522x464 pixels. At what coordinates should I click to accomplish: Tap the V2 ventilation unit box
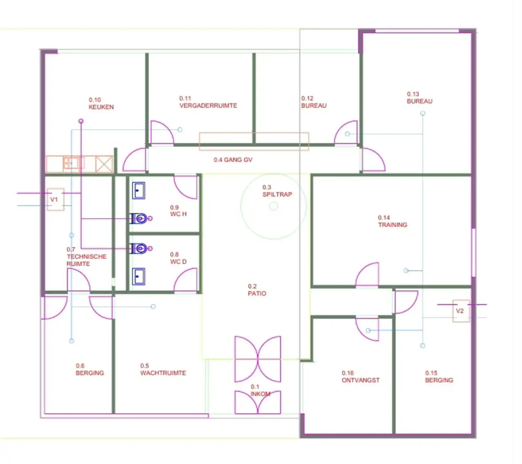pyautogui.click(x=461, y=311)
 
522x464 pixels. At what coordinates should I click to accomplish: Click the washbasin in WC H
pyautogui.click(x=139, y=190)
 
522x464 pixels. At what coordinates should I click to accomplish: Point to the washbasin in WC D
pyautogui.click(x=139, y=277)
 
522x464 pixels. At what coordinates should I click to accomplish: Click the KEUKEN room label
pyautogui.click(x=101, y=107)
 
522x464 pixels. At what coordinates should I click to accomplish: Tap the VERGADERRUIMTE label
pyautogui.click(x=208, y=105)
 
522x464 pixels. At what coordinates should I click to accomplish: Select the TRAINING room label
pyautogui.click(x=392, y=225)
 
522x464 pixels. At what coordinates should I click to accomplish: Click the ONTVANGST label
pyautogui.click(x=361, y=380)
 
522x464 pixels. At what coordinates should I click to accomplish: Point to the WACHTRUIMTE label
pyautogui.click(x=163, y=373)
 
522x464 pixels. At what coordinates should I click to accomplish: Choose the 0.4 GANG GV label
pyautogui.click(x=233, y=160)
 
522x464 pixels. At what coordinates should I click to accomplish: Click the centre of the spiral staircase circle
pyautogui.click(x=274, y=206)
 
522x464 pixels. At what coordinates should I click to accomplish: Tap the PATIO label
pyautogui.click(x=257, y=293)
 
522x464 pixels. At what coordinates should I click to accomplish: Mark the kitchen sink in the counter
pyautogui.click(x=71, y=163)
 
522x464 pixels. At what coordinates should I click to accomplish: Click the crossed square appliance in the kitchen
pyautogui.click(x=104, y=164)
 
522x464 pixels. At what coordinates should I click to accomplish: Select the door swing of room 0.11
pyautogui.click(x=162, y=132)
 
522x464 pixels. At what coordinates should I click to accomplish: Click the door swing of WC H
pyautogui.click(x=186, y=187)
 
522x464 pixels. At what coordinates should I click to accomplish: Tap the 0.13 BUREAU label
pyautogui.click(x=419, y=101)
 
